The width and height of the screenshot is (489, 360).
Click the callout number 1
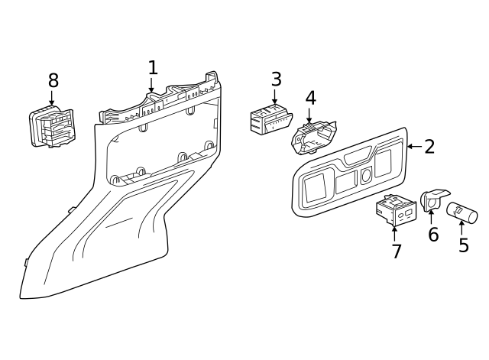pos(153,67)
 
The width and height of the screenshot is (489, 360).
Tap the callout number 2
pos(429,147)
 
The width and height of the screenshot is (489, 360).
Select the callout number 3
pos(276,79)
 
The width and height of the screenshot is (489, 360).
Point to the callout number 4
pos(310,98)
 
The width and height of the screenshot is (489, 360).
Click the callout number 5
pos(463,245)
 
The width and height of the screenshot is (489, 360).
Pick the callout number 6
pos(433,235)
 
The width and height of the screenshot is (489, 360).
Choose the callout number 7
pos(396,251)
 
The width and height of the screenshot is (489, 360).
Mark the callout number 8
pos(53,80)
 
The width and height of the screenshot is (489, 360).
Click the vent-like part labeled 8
pos(53,127)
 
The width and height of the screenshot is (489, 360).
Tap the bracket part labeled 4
pos(314,138)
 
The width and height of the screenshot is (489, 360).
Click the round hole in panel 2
pos(366,175)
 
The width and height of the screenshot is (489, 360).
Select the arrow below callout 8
pos(52,99)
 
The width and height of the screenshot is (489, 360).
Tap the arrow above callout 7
pos(394,232)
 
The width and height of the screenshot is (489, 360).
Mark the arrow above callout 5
pos(461,227)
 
